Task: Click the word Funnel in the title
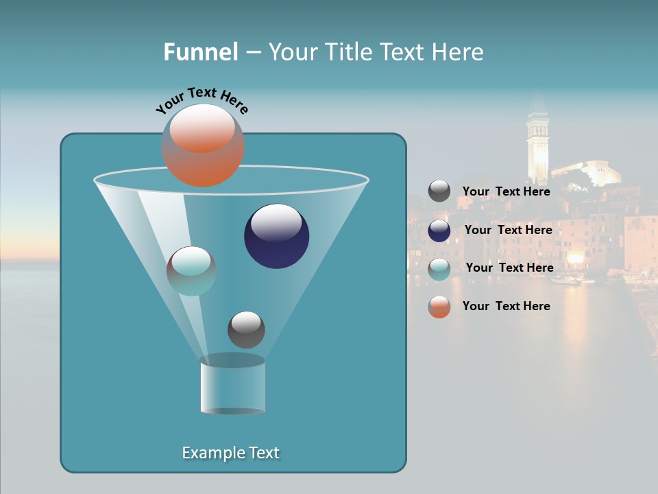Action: [200, 52]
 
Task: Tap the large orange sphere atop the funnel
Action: [203, 145]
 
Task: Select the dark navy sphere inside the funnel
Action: [277, 236]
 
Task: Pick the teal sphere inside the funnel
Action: [191, 271]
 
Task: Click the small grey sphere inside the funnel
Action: [246, 329]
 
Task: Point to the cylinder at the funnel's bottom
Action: [232, 385]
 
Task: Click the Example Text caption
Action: [230, 453]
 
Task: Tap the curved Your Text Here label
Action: [202, 99]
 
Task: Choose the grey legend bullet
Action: [439, 191]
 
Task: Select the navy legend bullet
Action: [439, 231]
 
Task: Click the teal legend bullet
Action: [439, 269]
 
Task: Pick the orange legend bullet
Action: [439, 307]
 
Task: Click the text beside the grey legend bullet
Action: [506, 191]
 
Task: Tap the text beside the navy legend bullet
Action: [508, 230]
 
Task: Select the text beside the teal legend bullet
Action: [509, 268]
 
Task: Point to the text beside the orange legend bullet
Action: [506, 306]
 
